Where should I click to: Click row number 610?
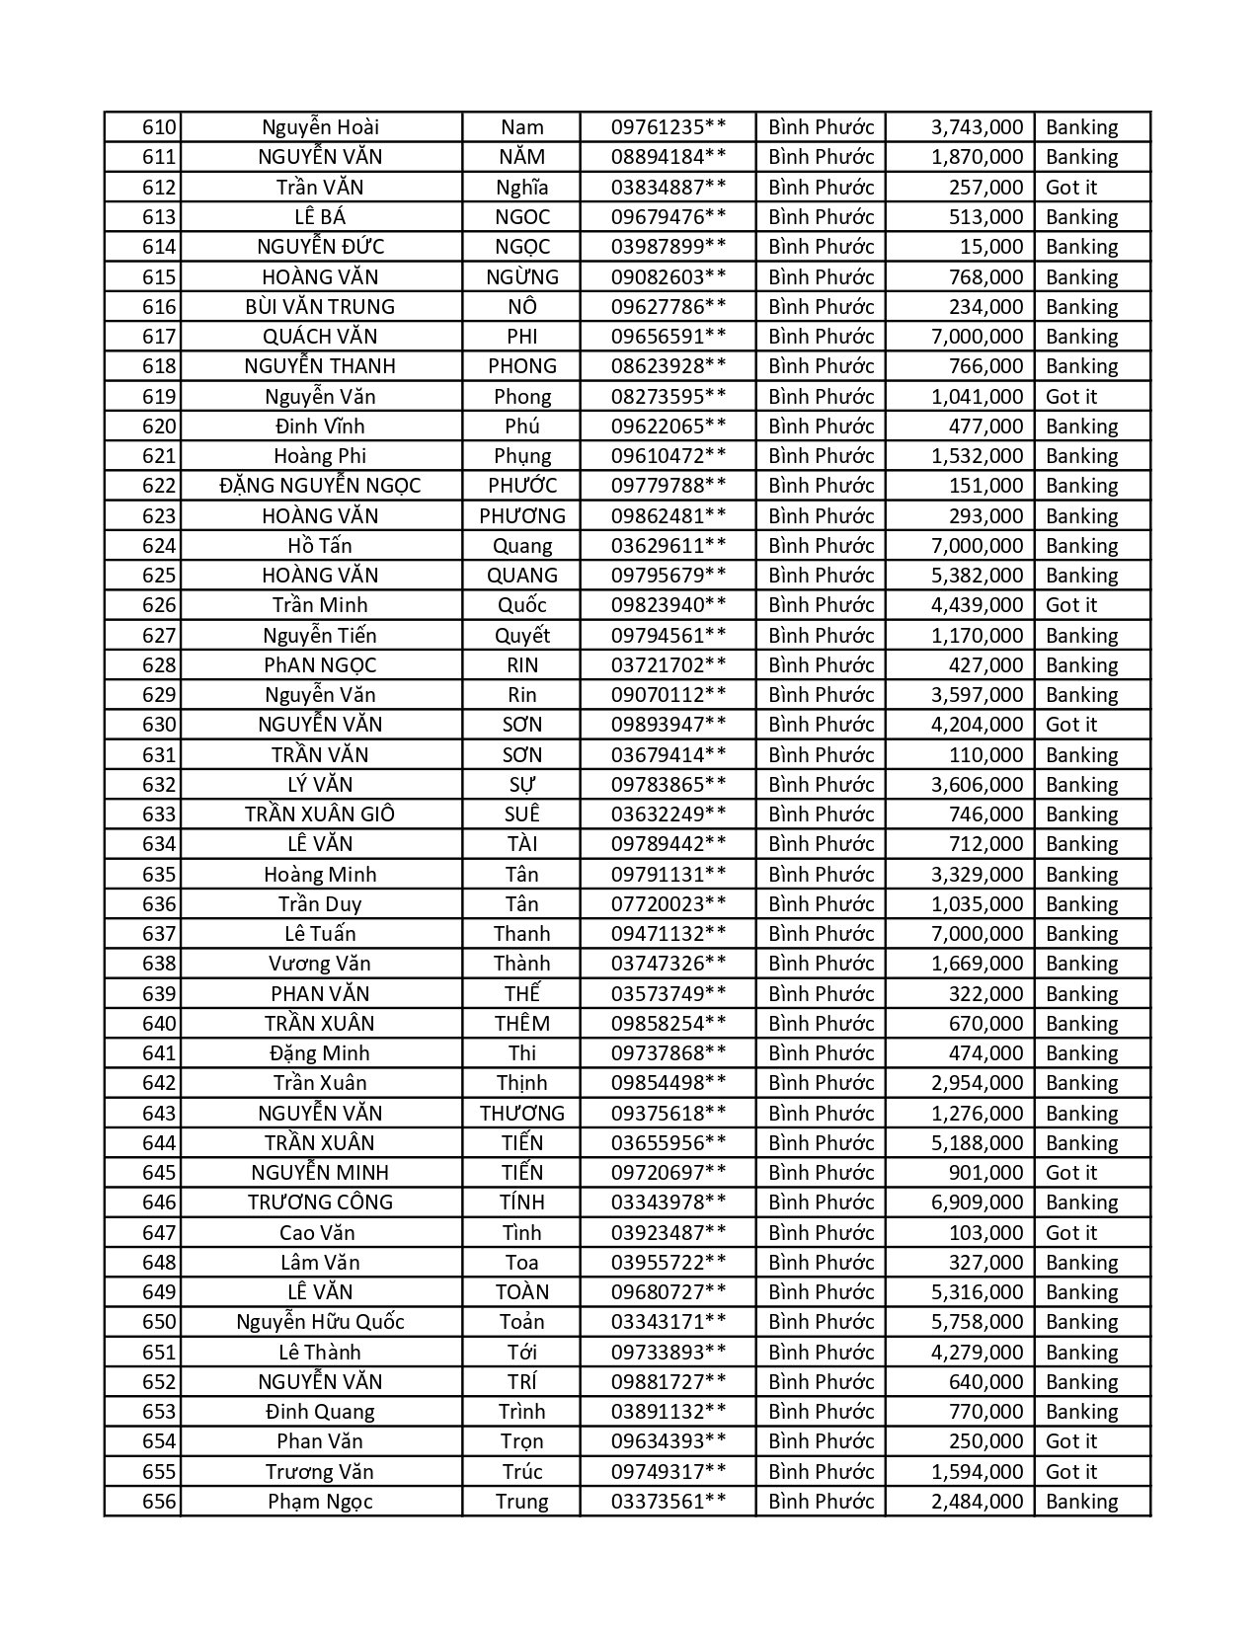pos(159,127)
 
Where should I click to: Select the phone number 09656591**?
pos(669,337)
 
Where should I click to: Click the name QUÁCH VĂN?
pos(320,337)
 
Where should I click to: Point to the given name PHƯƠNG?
pos(522,516)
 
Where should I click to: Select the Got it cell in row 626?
pos(1071,605)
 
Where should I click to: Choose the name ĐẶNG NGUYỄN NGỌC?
pos(320,486)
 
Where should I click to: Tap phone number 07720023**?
pos(669,904)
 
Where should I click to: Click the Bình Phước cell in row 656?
pos(821,1502)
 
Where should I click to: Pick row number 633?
pos(159,814)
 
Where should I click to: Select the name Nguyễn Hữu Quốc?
pos(320,1322)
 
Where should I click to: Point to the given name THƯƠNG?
pos(522,1114)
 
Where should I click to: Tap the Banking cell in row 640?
pos(1081,1024)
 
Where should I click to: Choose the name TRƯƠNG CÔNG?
pos(320,1202)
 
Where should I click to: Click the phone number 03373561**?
pos(669,1502)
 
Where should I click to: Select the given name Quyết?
pos(522,636)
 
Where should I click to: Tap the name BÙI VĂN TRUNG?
pos(320,307)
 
